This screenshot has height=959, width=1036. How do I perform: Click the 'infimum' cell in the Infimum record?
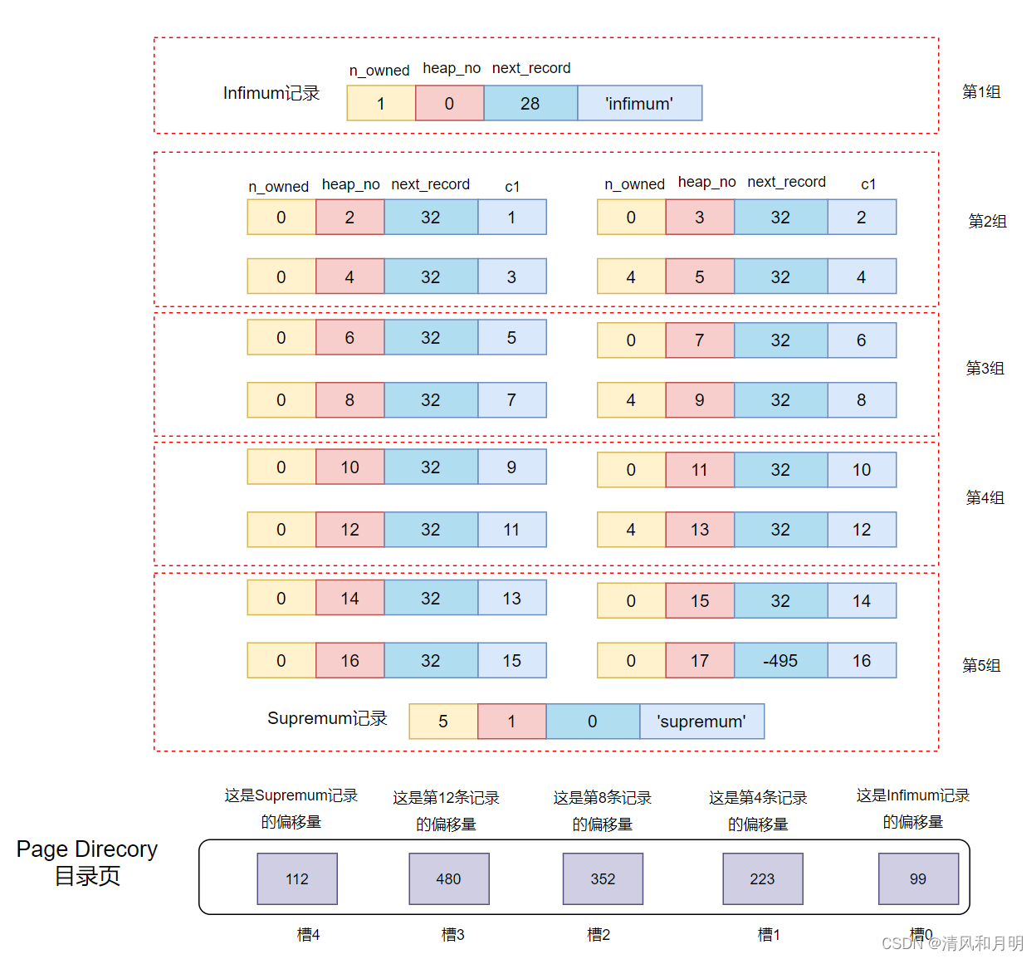click(639, 104)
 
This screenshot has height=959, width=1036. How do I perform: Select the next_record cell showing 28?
click(530, 104)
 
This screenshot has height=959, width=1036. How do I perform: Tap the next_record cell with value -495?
click(780, 661)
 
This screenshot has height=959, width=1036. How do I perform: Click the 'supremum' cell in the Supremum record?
click(701, 722)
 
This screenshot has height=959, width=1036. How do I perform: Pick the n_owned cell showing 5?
click(443, 722)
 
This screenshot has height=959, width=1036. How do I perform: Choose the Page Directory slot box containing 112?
click(297, 879)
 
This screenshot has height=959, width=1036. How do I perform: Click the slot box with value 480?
click(448, 879)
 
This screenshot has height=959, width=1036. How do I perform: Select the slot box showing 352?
click(603, 879)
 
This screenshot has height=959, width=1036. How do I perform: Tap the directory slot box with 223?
click(762, 879)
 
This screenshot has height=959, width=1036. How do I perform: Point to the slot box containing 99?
click(918, 879)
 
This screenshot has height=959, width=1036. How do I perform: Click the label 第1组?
click(981, 92)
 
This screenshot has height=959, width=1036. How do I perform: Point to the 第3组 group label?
click(985, 368)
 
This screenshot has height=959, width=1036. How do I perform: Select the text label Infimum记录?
click(271, 93)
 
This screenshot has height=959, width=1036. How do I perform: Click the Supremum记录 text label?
click(327, 718)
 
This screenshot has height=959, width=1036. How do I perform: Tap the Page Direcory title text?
click(87, 849)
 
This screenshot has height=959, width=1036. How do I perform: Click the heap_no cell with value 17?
click(700, 661)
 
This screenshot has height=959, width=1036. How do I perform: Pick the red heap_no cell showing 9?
click(700, 400)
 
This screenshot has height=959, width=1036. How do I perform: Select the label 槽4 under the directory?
click(308, 935)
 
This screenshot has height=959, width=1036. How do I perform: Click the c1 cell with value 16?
click(862, 661)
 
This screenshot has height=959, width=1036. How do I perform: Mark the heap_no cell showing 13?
click(700, 530)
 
